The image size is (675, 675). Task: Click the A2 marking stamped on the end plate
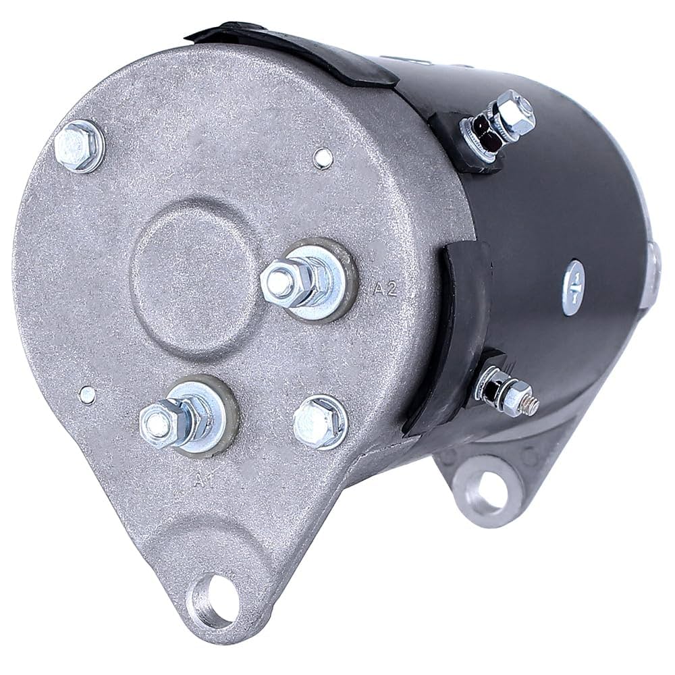pos(383,291)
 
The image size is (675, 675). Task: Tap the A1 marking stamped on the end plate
pos(200,481)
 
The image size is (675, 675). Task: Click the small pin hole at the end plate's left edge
pos(87,393)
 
